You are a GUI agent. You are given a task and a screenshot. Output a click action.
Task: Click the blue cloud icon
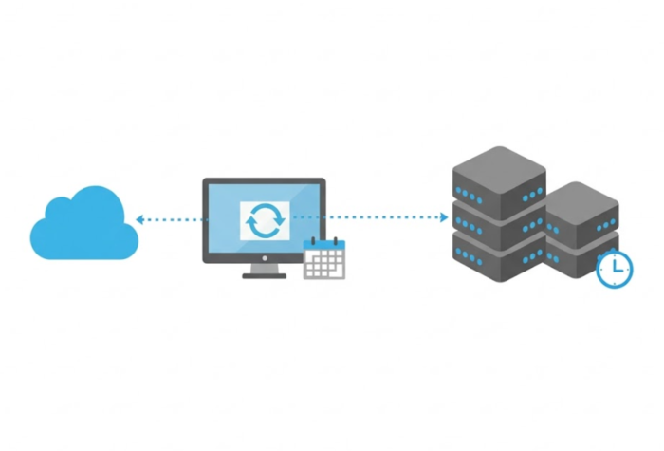(84, 226)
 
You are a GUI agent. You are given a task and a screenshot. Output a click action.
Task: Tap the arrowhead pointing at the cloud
(139, 219)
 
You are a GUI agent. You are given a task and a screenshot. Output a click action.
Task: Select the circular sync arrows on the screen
(264, 220)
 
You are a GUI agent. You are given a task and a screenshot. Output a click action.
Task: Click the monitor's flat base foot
(264, 275)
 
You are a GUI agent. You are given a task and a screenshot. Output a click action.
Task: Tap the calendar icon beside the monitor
(324, 259)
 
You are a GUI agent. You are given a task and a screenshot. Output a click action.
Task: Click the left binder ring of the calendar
(313, 241)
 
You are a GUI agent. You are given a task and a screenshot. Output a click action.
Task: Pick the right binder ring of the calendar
(335, 241)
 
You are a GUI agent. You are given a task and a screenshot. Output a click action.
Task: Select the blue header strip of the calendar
(324, 248)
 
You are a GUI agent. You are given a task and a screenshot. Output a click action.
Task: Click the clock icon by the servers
(616, 270)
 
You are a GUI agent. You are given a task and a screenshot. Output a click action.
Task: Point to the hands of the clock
(618, 269)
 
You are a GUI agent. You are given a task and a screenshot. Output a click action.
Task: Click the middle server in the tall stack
(497, 220)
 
